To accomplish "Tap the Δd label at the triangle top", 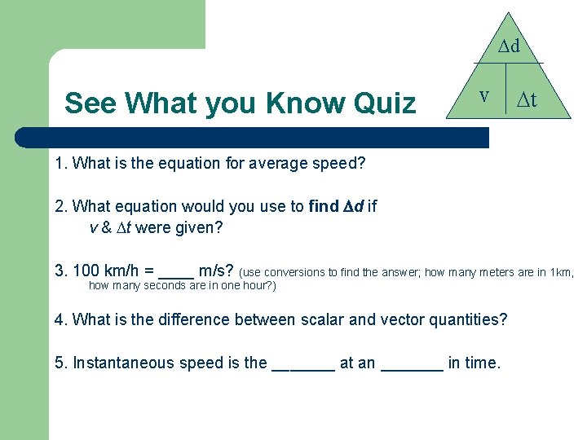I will coord(510,46).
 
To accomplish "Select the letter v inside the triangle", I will coord(483,95).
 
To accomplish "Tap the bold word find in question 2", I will coord(324,206).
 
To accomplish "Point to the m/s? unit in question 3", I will coord(217,271).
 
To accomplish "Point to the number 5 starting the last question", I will coord(60,363).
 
